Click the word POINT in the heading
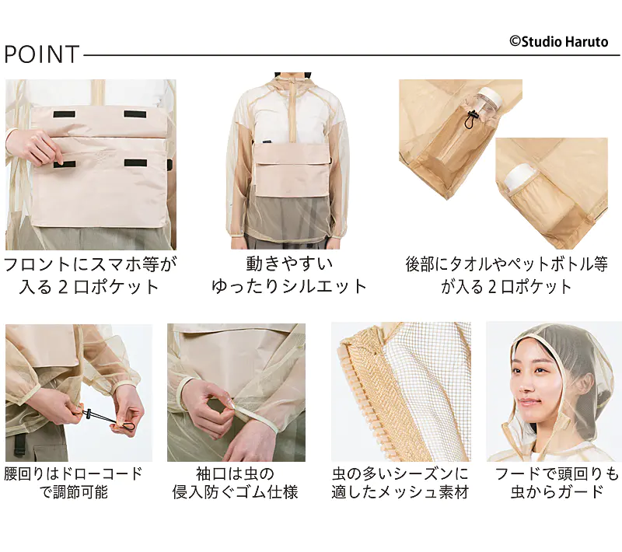42,54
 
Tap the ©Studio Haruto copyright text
558,42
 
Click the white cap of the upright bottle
490,100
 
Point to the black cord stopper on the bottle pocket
471,120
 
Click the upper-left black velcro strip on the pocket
65,114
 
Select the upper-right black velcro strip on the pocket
135,114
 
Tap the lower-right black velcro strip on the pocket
135,163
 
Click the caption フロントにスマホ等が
90,264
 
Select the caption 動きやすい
289,264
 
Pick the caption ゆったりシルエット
288,286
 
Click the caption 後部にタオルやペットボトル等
507,264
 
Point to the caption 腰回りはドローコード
73,473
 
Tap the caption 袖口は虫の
236,473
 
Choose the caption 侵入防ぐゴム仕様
235,492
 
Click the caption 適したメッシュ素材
400,492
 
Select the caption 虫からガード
557,492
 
